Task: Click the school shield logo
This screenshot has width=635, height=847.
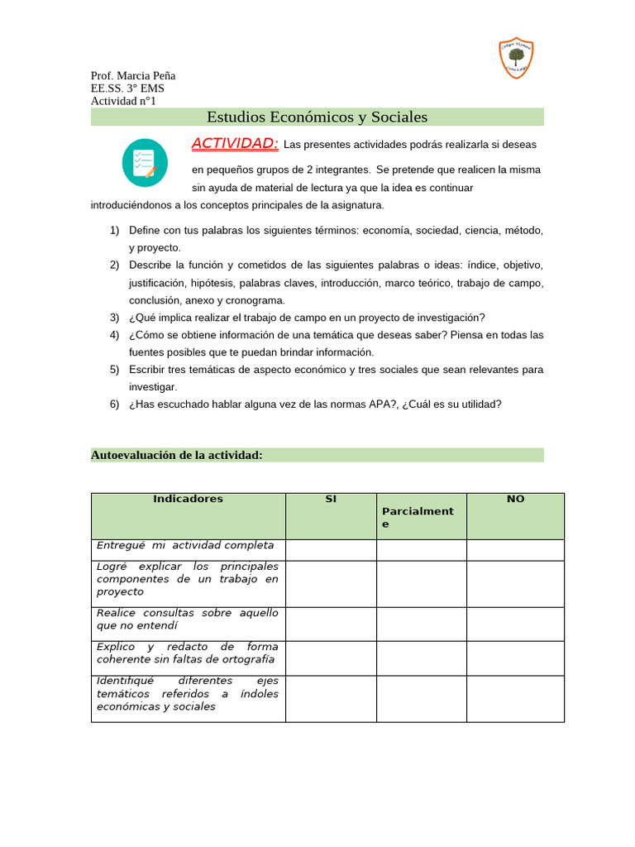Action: tap(517, 59)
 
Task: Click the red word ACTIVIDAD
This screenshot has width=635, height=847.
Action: tap(235, 144)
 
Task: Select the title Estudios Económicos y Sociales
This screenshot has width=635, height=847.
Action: tap(317, 117)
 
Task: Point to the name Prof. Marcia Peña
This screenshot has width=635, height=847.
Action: tap(133, 75)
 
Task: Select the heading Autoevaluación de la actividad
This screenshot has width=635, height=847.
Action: tap(176, 455)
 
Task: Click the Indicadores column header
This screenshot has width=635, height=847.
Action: tap(188, 499)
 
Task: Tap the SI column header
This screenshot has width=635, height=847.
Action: tap(331, 499)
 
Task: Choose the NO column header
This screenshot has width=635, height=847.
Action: tap(515, 499)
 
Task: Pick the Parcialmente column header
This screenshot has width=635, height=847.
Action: tap(418, 518)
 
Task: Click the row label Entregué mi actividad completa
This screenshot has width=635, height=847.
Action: tap(185, 546)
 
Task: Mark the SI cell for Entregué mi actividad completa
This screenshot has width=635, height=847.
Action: tap(331, 549)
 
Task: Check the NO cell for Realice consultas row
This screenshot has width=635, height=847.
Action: tap(515, 622)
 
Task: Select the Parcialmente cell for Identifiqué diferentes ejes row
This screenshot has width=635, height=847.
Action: tap(422, 697)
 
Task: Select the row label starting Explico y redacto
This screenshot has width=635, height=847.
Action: tap(188, 653)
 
